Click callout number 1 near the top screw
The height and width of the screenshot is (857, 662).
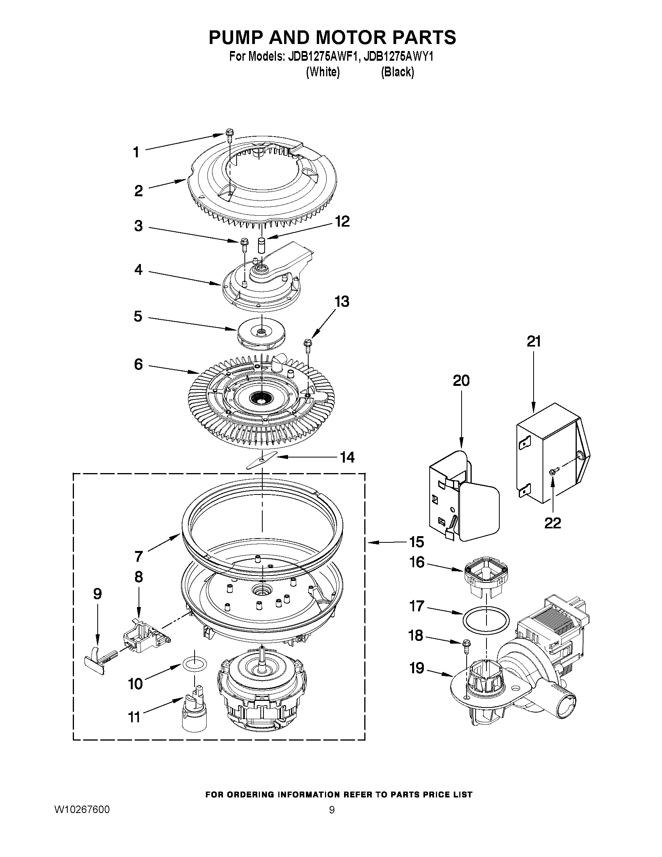[136, 152]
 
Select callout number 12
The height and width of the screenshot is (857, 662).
[342, 221]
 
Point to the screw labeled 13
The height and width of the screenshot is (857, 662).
[307, 346]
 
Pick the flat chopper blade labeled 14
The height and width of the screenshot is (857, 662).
[261, 459]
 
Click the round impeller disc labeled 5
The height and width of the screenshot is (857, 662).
[261, 333]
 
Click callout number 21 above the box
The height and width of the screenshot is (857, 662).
[533, 341]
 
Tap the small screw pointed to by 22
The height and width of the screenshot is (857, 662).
[553, 472]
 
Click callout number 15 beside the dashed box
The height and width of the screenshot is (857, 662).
[416, 542]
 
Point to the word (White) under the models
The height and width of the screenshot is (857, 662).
[323, 72]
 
